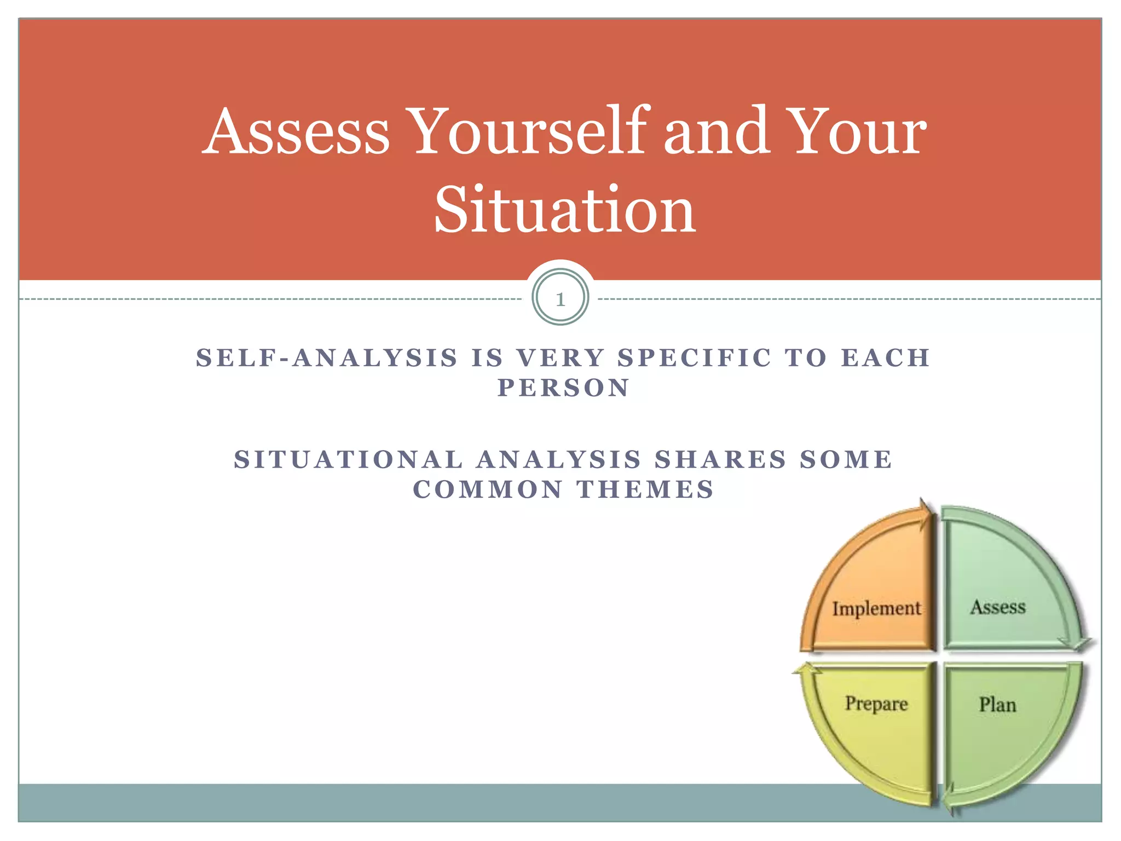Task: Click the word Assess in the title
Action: tap(296, 131)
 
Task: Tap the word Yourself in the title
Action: tap(530, 131)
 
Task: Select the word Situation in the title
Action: tap(564, 210)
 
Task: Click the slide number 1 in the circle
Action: tap(560, 299)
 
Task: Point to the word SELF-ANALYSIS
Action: tap(327, 358)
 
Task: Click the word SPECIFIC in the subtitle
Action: tap(695, 358)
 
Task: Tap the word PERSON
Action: tap(564, 388)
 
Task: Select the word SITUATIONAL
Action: tap(349, 459)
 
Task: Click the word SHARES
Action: tap(721, 459)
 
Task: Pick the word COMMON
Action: tap(488, 489)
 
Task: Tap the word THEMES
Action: tap(646, 489)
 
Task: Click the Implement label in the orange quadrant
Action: tap(876, 608)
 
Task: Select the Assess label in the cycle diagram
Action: tap(997, 607)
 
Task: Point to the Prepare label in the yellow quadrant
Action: tap(876, 704)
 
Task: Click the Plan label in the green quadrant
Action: tap(997, 705)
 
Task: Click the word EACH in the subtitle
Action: tap(885, 358)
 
